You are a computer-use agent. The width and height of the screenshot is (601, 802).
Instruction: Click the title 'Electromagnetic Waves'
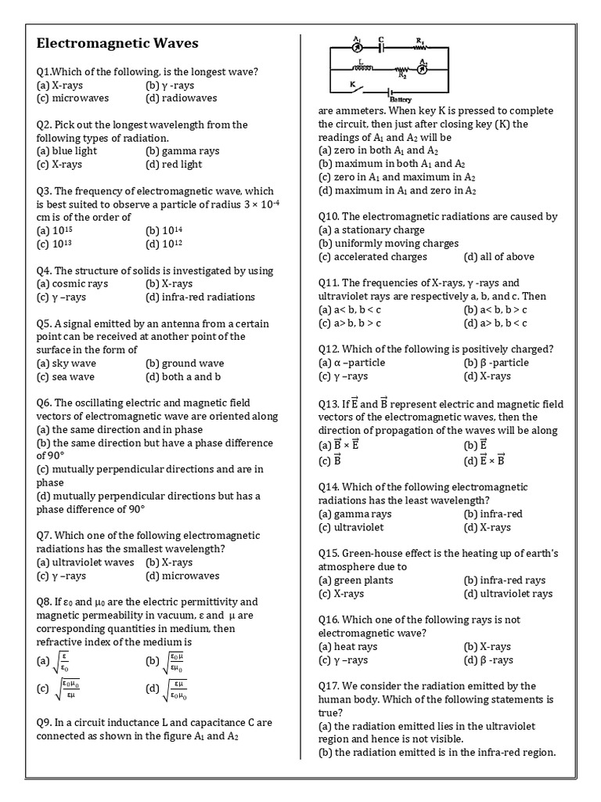pyautogui.click(x=117, y=43)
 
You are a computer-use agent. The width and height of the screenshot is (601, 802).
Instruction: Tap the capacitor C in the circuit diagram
pyautogui.click(x=380, y=45)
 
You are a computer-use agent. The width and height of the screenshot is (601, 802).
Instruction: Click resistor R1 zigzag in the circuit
pyautogui.click(x=419, y=45)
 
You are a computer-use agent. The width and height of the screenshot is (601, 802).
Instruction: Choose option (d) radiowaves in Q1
pyautogui.click(x=181, y=98)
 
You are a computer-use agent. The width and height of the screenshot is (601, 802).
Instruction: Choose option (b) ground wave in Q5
pyautogui.click(x=185, y=363)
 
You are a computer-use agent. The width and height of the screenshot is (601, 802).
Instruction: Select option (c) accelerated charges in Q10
pyautogui.click(x=373, y=256)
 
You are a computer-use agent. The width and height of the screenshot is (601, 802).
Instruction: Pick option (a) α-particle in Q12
pyautogui.click(x=352, y=363)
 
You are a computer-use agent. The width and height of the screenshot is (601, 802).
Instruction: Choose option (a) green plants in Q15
pyautogui.click(x=356, y=580)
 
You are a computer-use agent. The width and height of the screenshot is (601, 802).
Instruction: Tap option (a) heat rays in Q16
pyautogui.click(x=348, y=646)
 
